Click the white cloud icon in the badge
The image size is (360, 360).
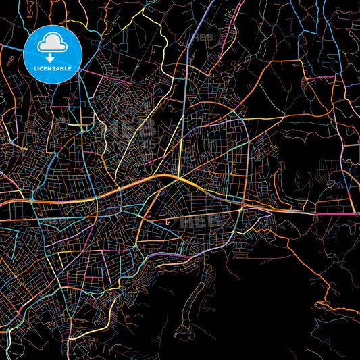pyautogui.click(x=52, y=43)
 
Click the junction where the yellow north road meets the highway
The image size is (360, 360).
pyautogui.click(x=177, y=178)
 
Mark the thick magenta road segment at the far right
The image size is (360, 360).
pyautogui.click(x=338, y=215)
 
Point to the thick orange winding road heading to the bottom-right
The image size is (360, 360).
pyautogui.click(x=317, y=270)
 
